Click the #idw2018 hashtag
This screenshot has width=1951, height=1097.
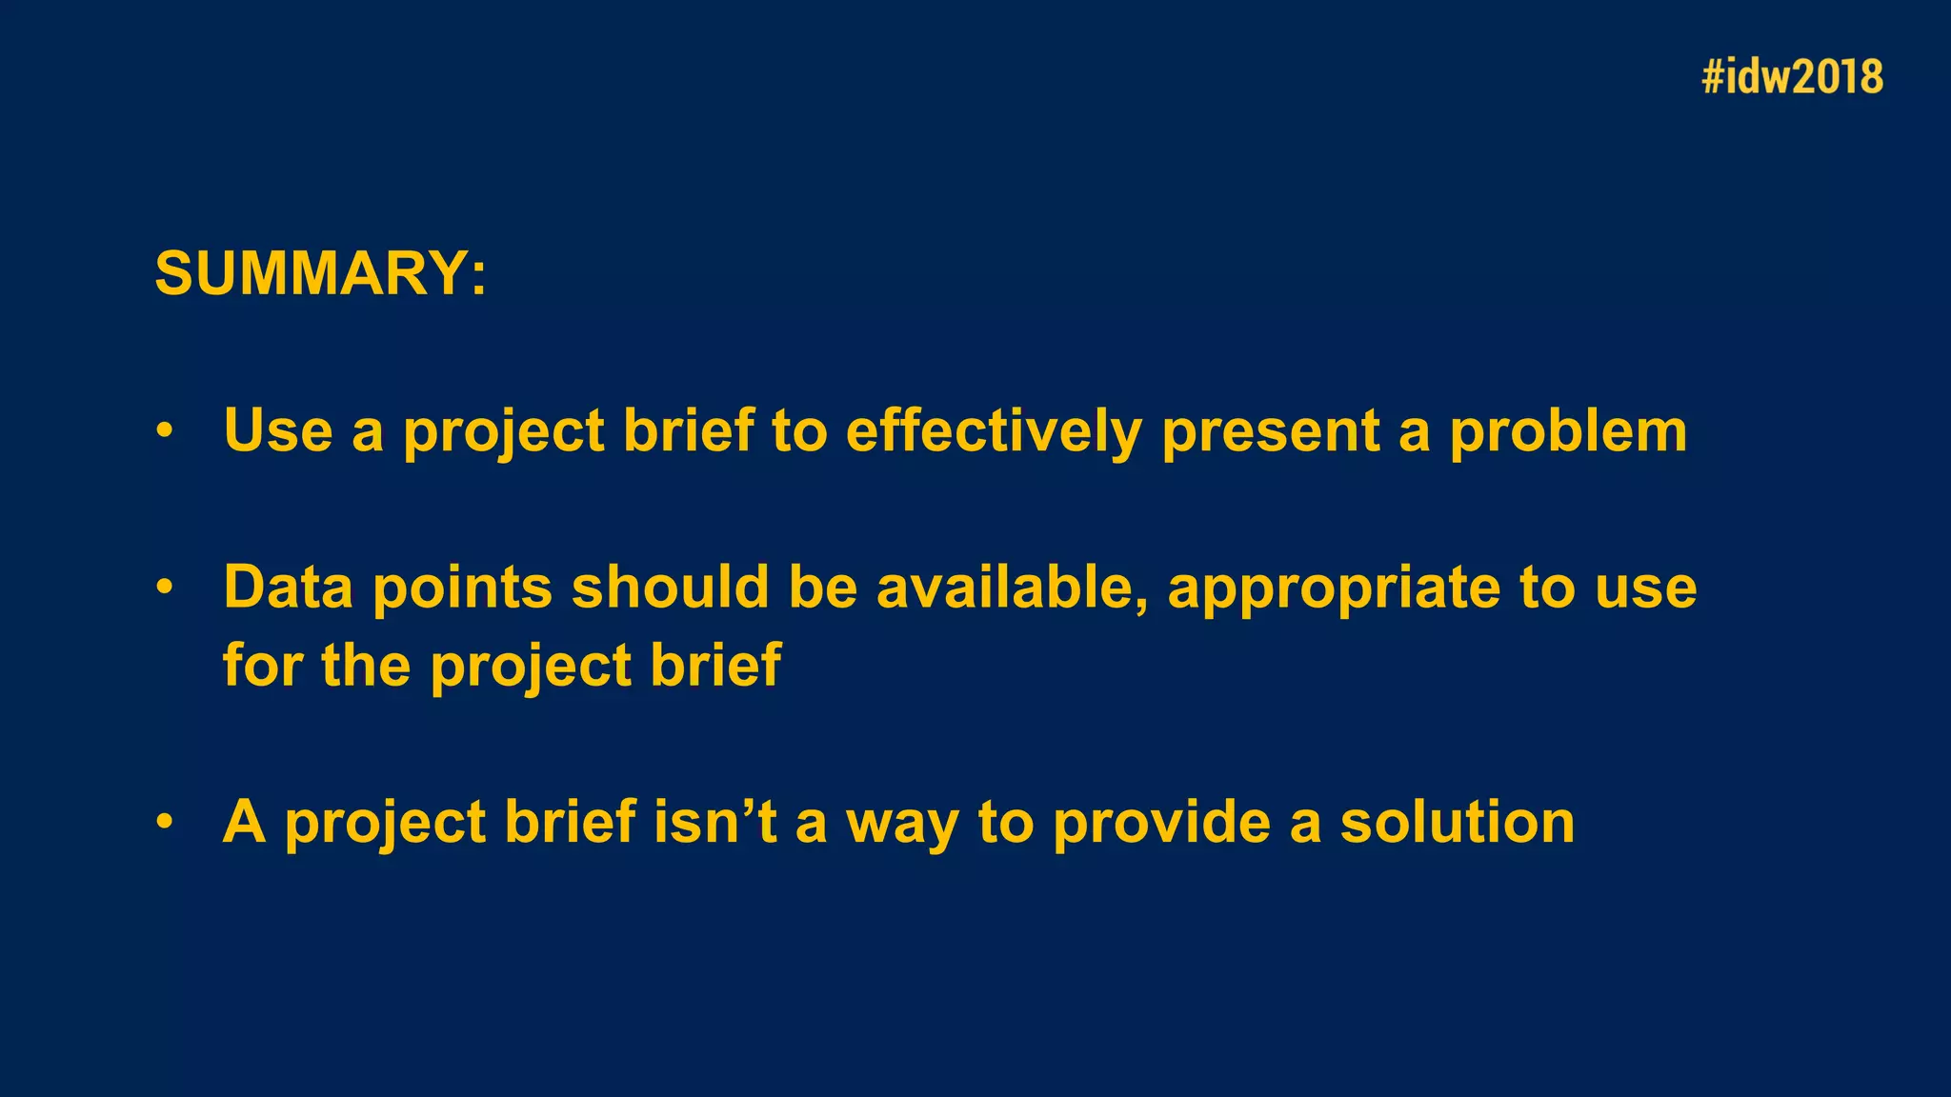coord(1792,77)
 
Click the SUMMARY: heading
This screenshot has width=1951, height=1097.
coord(320,274)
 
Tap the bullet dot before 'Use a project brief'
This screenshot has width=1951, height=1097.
coord(165,431)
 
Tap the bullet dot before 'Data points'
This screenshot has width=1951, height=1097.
coord(165,588)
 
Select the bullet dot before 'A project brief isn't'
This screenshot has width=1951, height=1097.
coord(165,822)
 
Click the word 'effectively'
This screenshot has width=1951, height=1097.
coord(993,431)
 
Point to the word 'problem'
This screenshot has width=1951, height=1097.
coord(1568,431)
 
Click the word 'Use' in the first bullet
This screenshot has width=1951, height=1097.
coord(278,430)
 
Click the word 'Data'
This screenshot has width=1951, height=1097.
coord(288,587)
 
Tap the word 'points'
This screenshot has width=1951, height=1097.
coord(462,588)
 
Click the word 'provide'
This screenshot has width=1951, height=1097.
coord(1161,823)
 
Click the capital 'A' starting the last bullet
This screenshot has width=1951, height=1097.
coord(244,821)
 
